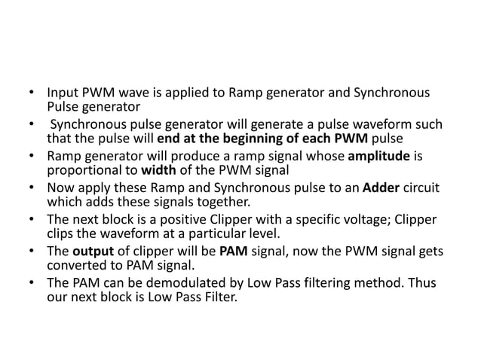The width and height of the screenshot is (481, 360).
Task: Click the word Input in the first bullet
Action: tap(61, 94)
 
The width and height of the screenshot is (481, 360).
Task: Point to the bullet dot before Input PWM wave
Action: tap(32, 94)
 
